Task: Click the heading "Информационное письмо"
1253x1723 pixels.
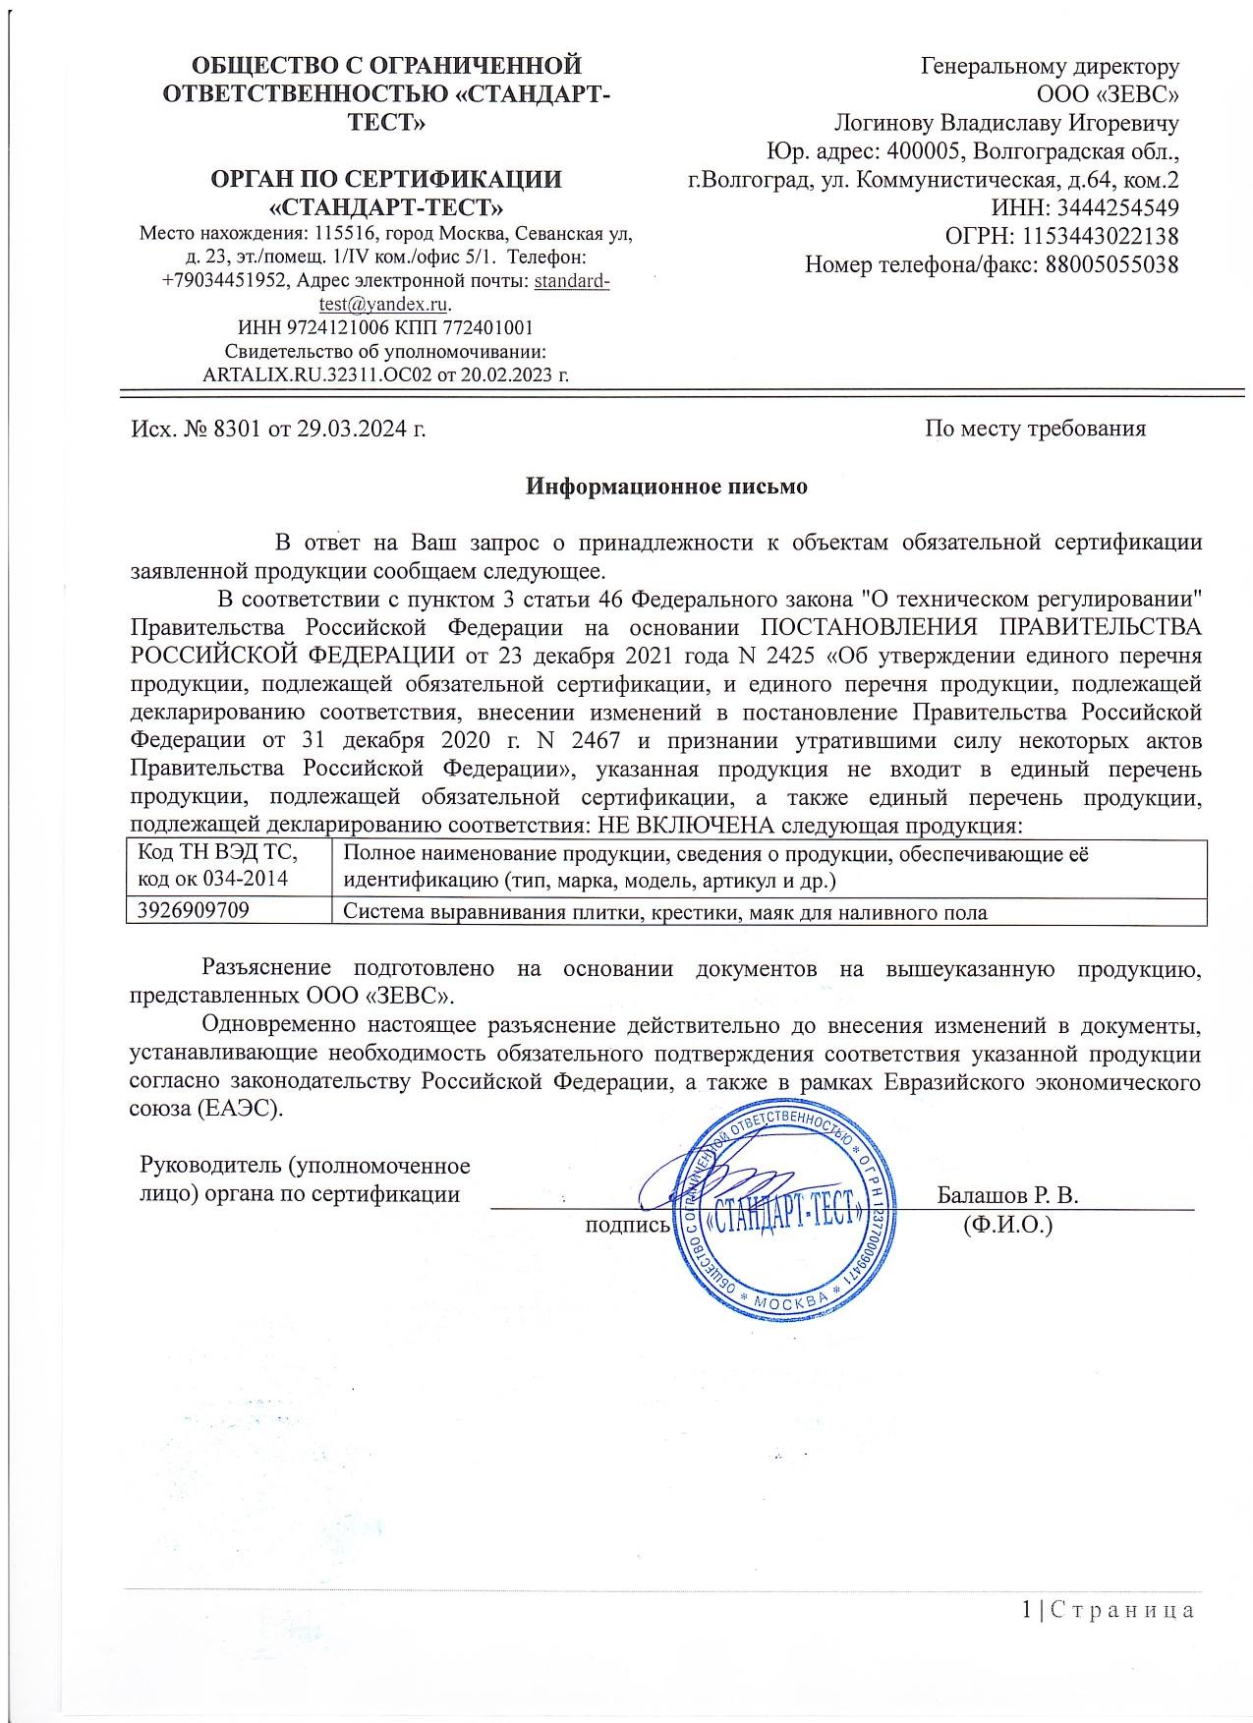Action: [666, 487]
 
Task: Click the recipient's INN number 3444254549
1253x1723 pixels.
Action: [1114, 208]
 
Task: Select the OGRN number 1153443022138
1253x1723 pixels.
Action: [1100, 237]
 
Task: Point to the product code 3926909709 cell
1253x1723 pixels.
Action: [194, 911]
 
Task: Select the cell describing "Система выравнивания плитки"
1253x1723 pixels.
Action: [664, 912]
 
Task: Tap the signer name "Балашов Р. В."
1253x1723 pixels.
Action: [1007, 1195]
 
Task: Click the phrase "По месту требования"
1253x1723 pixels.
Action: [1035, 429]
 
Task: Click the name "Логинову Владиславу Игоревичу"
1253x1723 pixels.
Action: [1006, 124]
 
